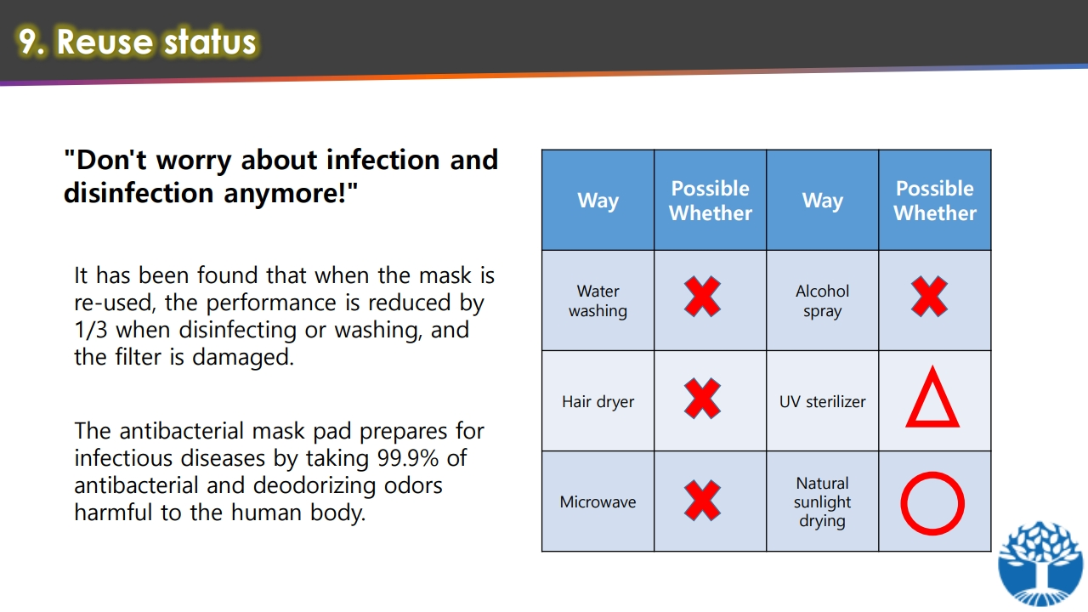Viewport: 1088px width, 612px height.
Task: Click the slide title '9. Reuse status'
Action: pyautogui.click(x=137, y=42)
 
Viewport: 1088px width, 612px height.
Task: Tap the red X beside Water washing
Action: pyautogui.click(x=702, y=297)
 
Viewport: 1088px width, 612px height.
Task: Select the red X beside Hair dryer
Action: pyautogui.click(x=702, y=399)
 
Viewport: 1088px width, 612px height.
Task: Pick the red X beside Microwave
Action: pyautogui.click(x=702, y=501)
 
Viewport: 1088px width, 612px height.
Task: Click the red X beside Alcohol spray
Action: pyautogui.click(x=929, y=297)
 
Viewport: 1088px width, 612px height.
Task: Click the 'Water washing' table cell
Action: pyautogui.click(x=598, y=301)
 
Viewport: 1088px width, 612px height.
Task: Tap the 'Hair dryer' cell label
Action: pyautogui.click(x=598, y=402)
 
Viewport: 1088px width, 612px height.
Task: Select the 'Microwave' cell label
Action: pyautogui.click(x=598, y=501)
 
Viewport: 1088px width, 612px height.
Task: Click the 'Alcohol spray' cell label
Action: pyautogui.click(x=822, y=301)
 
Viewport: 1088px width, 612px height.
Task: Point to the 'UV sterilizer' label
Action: pyautogui.click(x=822, y=402)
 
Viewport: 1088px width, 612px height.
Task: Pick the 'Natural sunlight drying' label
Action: pyautogui.click(x=822, y=501)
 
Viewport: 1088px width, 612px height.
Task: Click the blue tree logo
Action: pyautogui.click(x=1040, y=564)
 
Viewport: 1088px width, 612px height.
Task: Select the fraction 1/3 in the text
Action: pyautogui.click(x=90, y=330)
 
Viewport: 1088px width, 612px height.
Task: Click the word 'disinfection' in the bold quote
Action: pyautogui.click(x=139, y=193)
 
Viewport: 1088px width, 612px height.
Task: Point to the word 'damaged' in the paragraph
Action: pyautogui.click(x=242, y=357)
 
